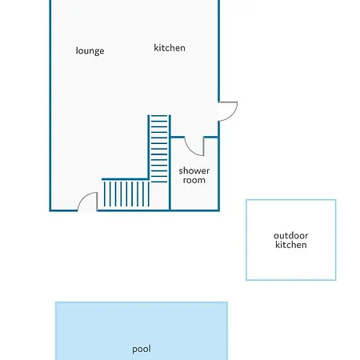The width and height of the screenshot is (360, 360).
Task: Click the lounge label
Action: tap(90, 50)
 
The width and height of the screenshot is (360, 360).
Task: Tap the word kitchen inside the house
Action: tap(170, 48)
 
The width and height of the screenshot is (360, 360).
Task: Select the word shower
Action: tap(194, 170)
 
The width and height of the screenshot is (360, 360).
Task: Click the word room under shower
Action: tap(194, 180)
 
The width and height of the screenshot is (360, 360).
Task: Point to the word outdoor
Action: tap(291, 236)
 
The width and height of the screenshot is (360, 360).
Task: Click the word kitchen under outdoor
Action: tap(291, 245)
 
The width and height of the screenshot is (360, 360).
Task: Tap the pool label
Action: tap(142, 349)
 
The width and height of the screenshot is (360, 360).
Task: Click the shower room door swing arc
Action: tap(191, 150)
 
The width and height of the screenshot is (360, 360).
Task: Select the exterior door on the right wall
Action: tap(228, 111)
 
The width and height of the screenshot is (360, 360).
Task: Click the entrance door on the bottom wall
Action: tap(87, 202)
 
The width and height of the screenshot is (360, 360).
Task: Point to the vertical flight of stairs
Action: tap(159, 149)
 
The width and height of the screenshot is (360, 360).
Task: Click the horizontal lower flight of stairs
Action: tap(126, 194)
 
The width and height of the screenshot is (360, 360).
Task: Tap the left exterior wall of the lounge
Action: tap(50, 106)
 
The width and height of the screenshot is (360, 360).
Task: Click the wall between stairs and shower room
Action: tap(170, 162)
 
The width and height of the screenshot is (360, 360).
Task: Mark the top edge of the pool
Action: tap(142, 302)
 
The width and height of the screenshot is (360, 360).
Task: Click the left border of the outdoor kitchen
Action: tap(246, 240)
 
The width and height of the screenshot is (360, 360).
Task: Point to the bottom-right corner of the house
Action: tap(219, 210)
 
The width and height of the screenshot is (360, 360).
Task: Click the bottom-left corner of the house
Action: tap(50, 210)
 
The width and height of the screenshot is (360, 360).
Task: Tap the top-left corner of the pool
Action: tap(55, 302)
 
